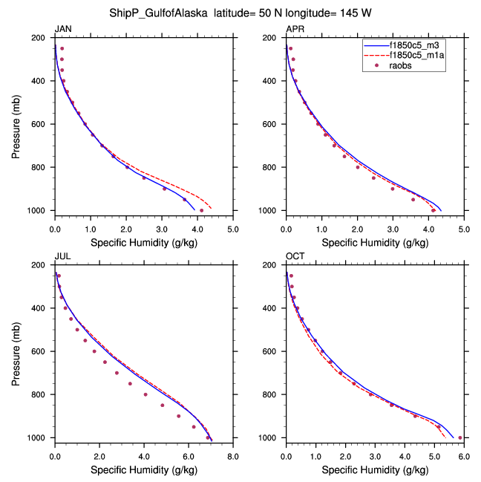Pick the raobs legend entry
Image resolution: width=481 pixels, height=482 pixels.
tap(402, 66)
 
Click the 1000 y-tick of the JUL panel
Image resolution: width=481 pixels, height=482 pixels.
tap(40, 438)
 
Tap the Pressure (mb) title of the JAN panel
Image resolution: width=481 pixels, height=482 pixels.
tap(17, 124)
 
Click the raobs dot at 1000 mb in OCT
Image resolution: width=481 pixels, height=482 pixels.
tap(460, 437)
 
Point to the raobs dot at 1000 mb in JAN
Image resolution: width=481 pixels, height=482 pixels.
tap(201, 210)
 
